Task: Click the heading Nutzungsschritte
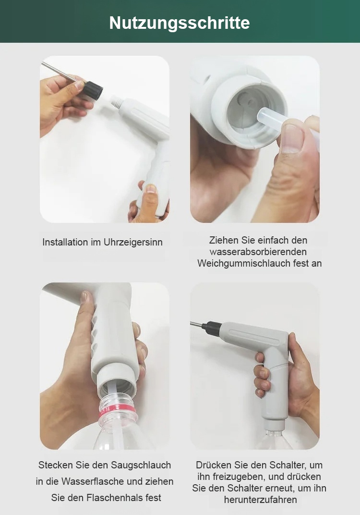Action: [180, 23]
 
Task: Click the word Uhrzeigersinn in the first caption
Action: [133, 242]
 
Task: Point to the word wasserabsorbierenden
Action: [258, 252]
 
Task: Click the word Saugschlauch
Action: [141, 465]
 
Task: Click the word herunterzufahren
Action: [260, 500]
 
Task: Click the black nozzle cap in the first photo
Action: [93, 90]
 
